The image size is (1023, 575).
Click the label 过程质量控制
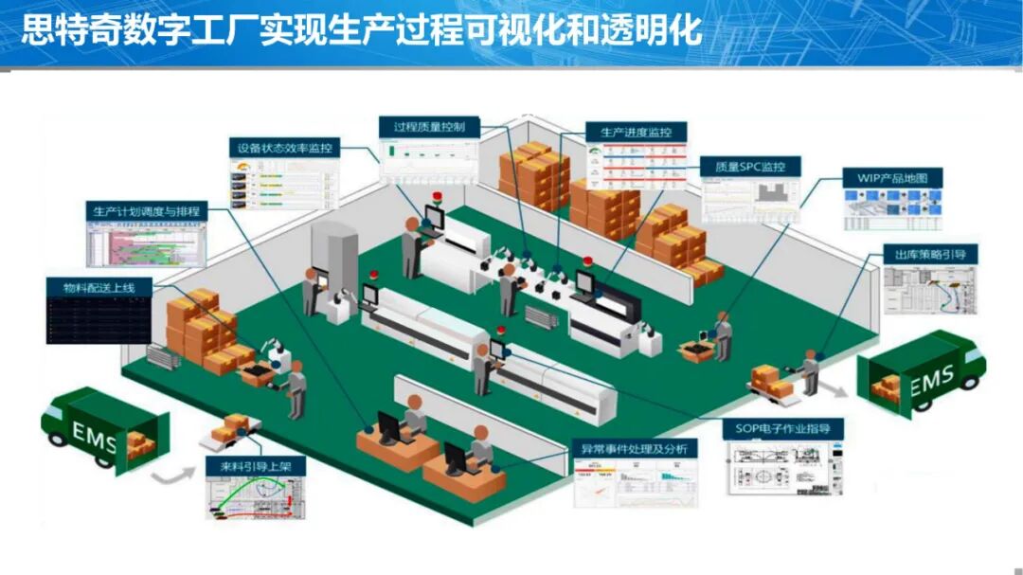428,126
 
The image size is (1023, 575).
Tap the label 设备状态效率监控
285,149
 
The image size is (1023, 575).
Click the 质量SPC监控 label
749,167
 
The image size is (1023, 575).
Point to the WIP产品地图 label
893,178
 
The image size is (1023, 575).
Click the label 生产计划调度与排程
146,210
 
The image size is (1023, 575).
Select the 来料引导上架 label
256,467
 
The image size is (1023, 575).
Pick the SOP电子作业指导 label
783,428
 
